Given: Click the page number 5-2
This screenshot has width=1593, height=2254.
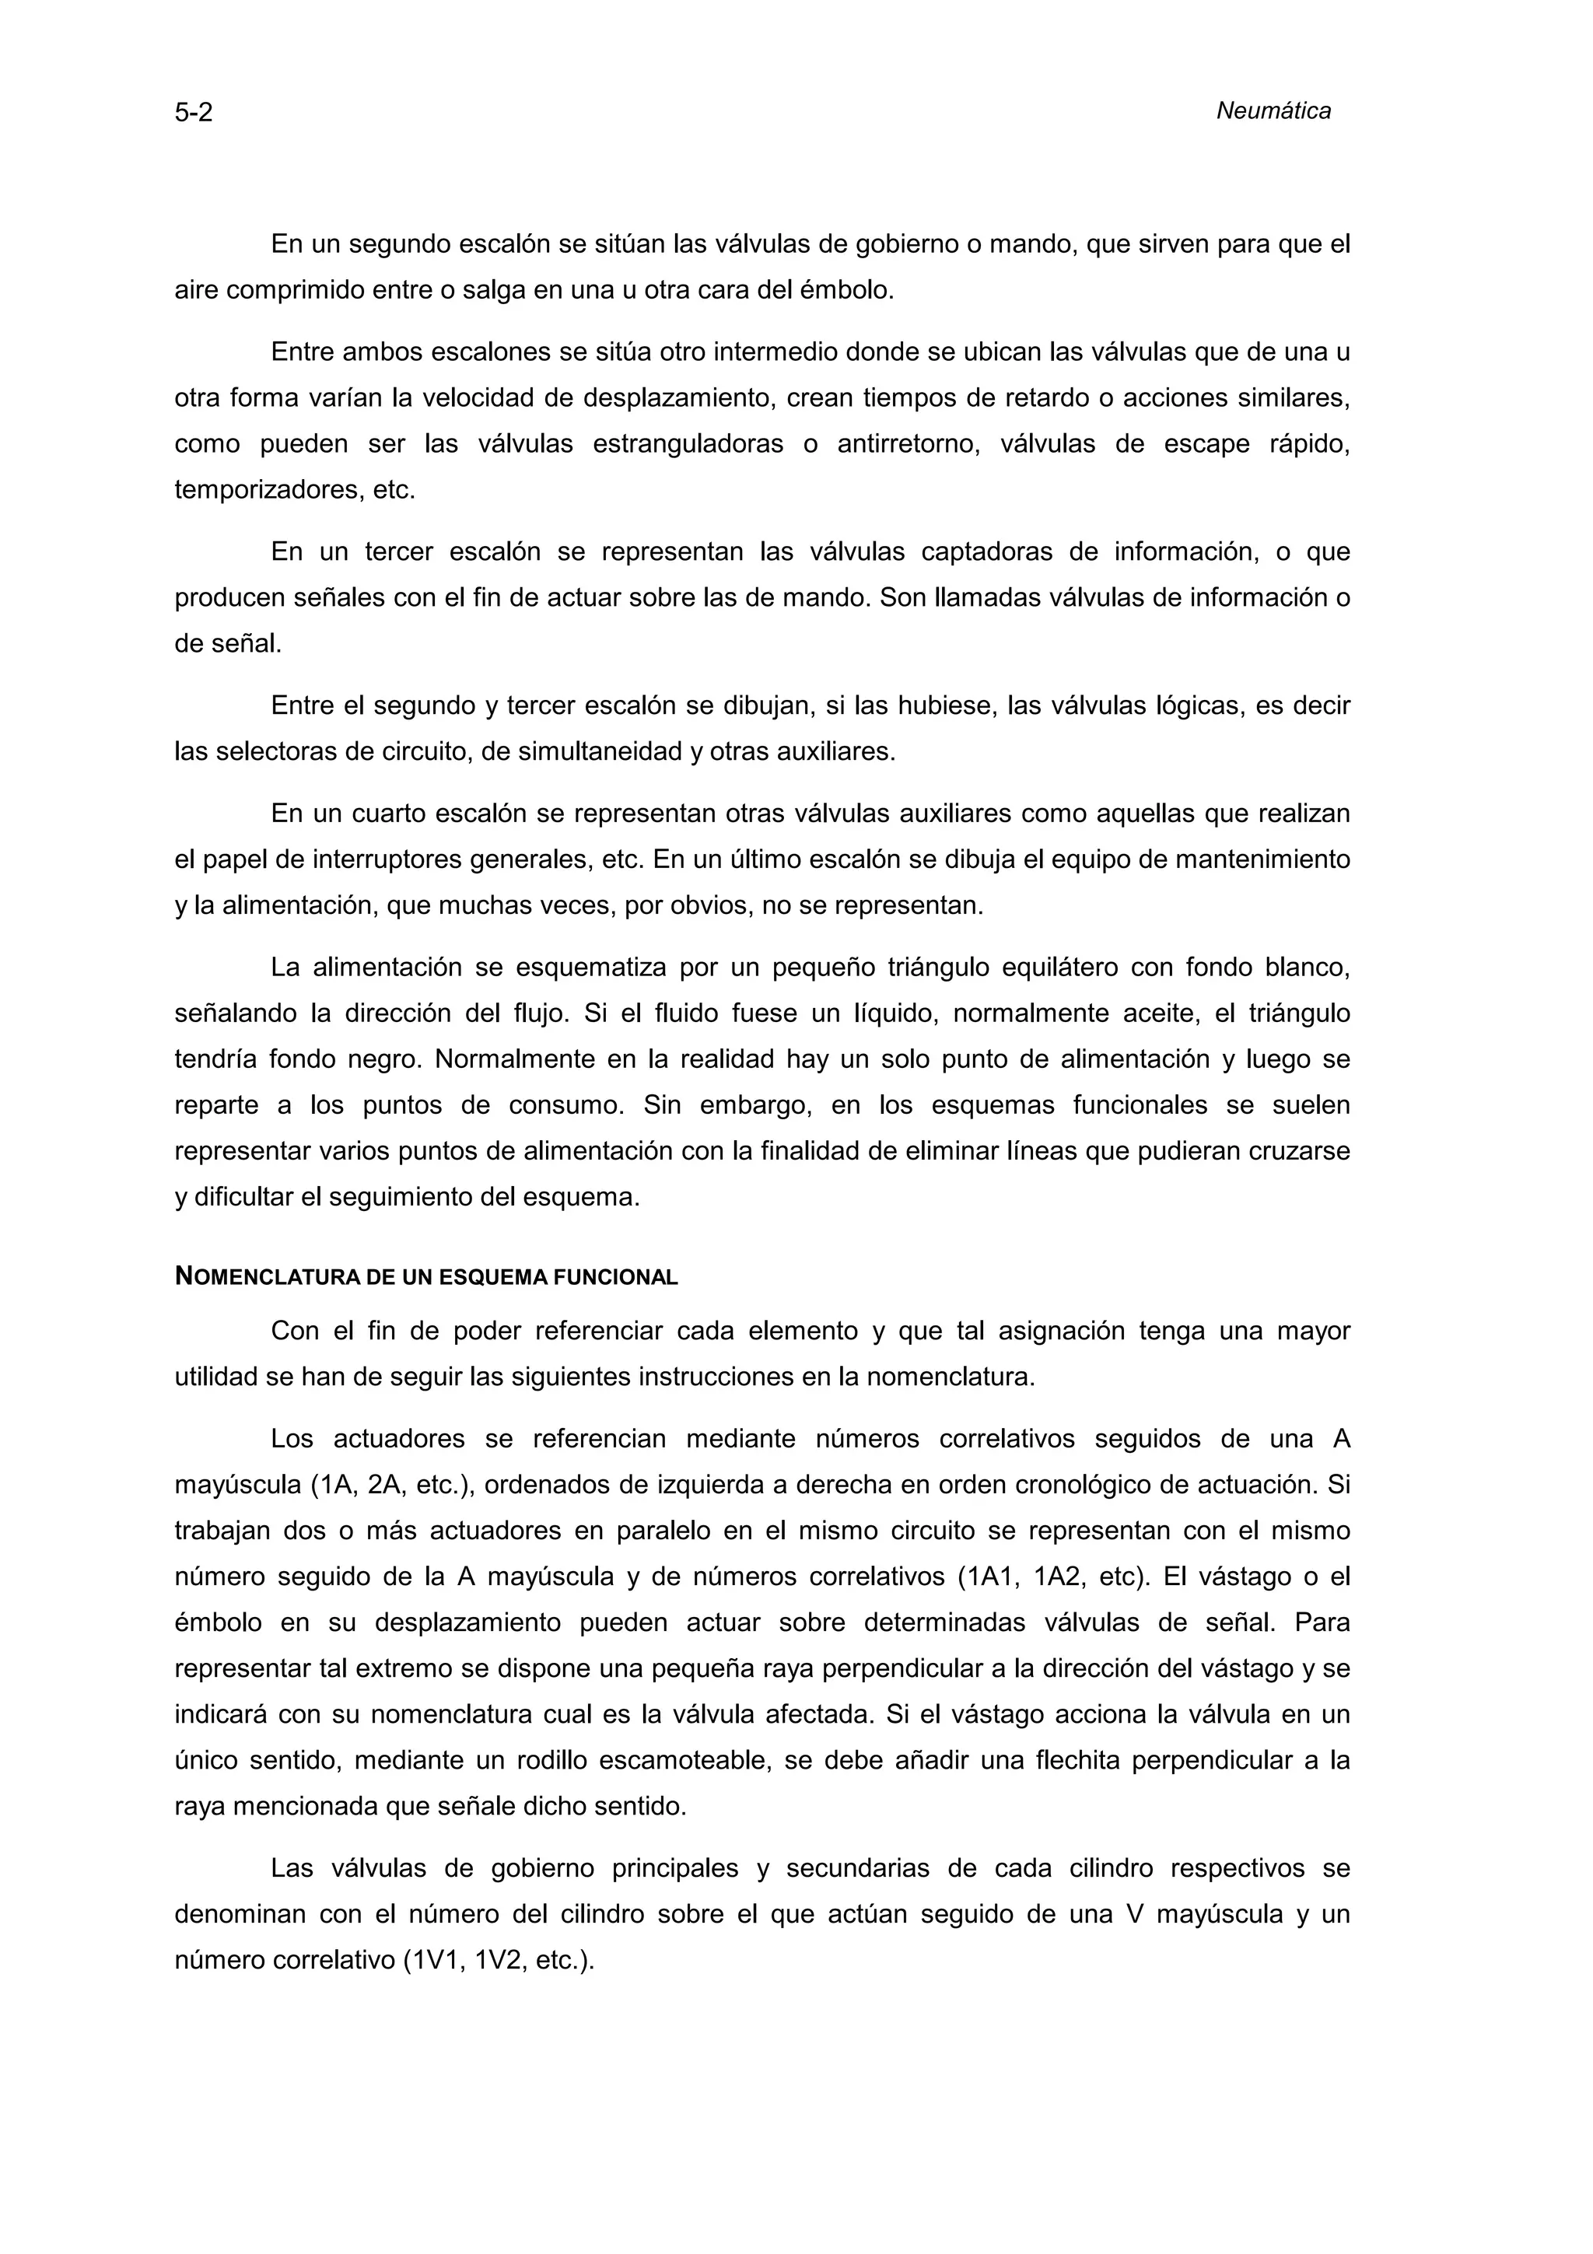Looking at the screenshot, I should (194, 113).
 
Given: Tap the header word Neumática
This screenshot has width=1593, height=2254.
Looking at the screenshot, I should (1273, 111).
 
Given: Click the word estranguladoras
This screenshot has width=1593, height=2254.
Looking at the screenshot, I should (688, 444).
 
